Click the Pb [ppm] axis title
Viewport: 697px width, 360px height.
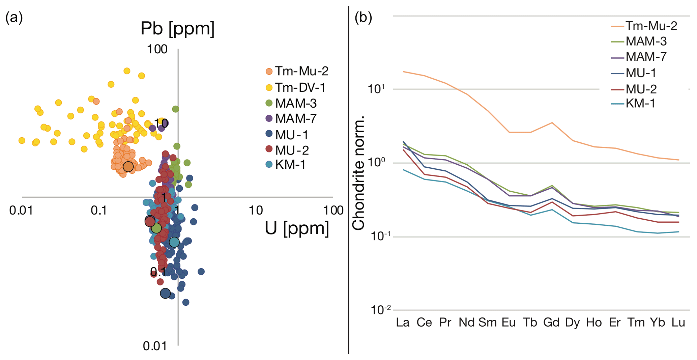[x=177, y=28]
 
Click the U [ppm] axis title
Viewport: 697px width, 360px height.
[x=297, y=228]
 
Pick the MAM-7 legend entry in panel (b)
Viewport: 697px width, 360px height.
[x=646, y=57]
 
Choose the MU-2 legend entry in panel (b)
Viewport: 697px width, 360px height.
[x=641, y=89]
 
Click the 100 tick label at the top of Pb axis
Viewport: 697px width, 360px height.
[x=157, y=49]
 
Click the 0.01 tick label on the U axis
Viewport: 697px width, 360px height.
[x=21, y=210]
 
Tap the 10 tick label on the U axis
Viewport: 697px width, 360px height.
[x=256, y=210]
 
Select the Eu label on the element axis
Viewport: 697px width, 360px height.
[x=509, y=323]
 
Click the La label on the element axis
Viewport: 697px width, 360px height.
[x=403, y=323]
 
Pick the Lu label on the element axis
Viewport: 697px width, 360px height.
[x=678, y=323]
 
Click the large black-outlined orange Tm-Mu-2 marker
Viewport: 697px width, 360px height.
[x=128, y=166]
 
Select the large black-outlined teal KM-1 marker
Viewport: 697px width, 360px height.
[x=174, y=242]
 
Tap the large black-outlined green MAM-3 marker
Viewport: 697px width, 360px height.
[x=156, y=228]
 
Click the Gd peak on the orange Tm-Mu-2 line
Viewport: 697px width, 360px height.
[x=552, y=122]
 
